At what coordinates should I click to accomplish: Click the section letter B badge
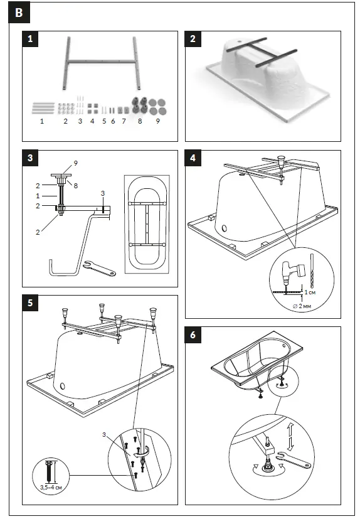point(19,13)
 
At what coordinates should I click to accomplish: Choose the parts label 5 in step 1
point(104,121)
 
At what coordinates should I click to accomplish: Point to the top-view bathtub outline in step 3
point(148,223)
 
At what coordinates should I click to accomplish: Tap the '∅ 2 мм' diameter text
point(305,306)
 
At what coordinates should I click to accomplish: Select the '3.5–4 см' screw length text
point(50,486)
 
